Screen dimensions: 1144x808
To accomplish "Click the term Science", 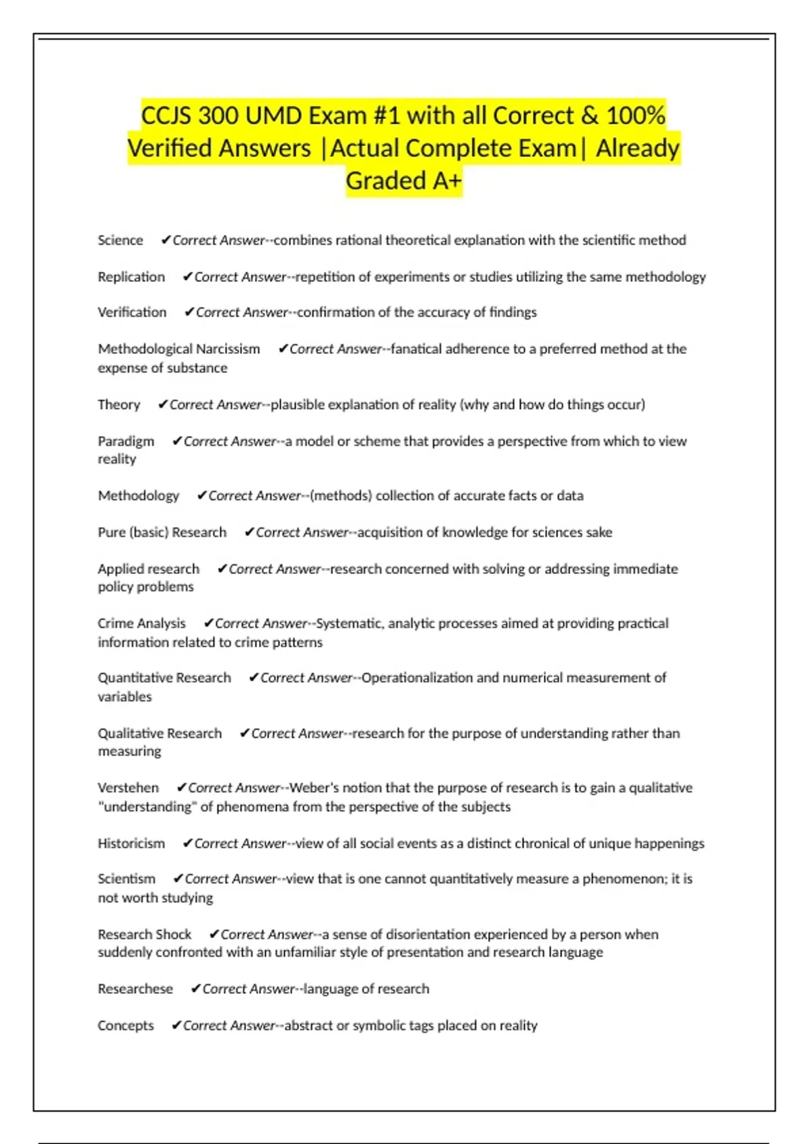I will (x=120, y=240).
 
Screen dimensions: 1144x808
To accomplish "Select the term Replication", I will (x=131, y=277).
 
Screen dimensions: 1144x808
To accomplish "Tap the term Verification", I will (x=132, y=312).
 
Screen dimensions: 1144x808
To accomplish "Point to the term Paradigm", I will (x=126, y=441).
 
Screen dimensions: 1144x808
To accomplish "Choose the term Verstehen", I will (x=128, y=787).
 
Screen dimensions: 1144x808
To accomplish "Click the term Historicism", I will (x=131, y=843).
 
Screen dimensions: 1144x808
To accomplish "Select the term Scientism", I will (x=126, y=879).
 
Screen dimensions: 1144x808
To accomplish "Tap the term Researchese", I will (x=135, y=989).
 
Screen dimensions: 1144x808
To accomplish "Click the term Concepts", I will (x=125, y=1026).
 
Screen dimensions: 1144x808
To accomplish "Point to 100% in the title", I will (x=635, y=116).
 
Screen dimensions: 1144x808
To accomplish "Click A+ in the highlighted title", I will (x=437, y=180).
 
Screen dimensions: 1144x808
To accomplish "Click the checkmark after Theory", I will (x=163, y=404).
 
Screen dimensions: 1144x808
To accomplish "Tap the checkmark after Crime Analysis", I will (x=209, y=623).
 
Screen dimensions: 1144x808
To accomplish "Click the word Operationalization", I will (x=417, y=678).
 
